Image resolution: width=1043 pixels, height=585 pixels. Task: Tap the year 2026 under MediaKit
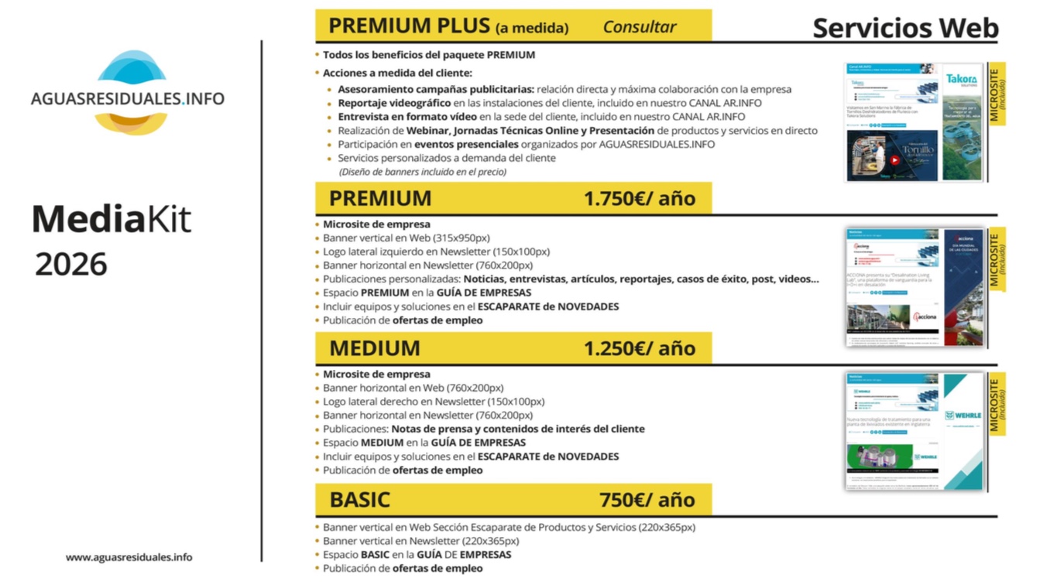point(70,265)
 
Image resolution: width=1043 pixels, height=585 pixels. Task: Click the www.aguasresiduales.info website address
point(129,557)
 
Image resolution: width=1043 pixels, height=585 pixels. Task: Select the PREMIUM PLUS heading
point(411,26)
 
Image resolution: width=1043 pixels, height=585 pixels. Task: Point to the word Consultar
point(640,27)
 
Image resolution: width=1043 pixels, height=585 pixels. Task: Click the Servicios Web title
point(905,28)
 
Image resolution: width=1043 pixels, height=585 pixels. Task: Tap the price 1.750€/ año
point(640,199)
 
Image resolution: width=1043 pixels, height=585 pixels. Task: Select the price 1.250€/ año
point(640,348)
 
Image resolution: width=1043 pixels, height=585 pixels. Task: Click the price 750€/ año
point(647,500)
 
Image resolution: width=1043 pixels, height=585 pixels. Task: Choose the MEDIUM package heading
point(375,348)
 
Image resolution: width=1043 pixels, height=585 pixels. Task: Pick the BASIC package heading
point(360,500)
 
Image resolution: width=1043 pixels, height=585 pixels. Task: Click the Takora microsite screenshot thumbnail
point(914,122)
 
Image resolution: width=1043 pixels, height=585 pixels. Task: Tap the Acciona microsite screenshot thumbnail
point(914,287)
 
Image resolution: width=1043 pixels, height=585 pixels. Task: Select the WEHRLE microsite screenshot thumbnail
point(914,431)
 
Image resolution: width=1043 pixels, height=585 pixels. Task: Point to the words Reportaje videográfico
point(394,103)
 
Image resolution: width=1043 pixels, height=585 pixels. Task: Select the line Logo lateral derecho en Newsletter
point(434,402)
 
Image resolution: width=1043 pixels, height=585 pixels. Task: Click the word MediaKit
point(111,220)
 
